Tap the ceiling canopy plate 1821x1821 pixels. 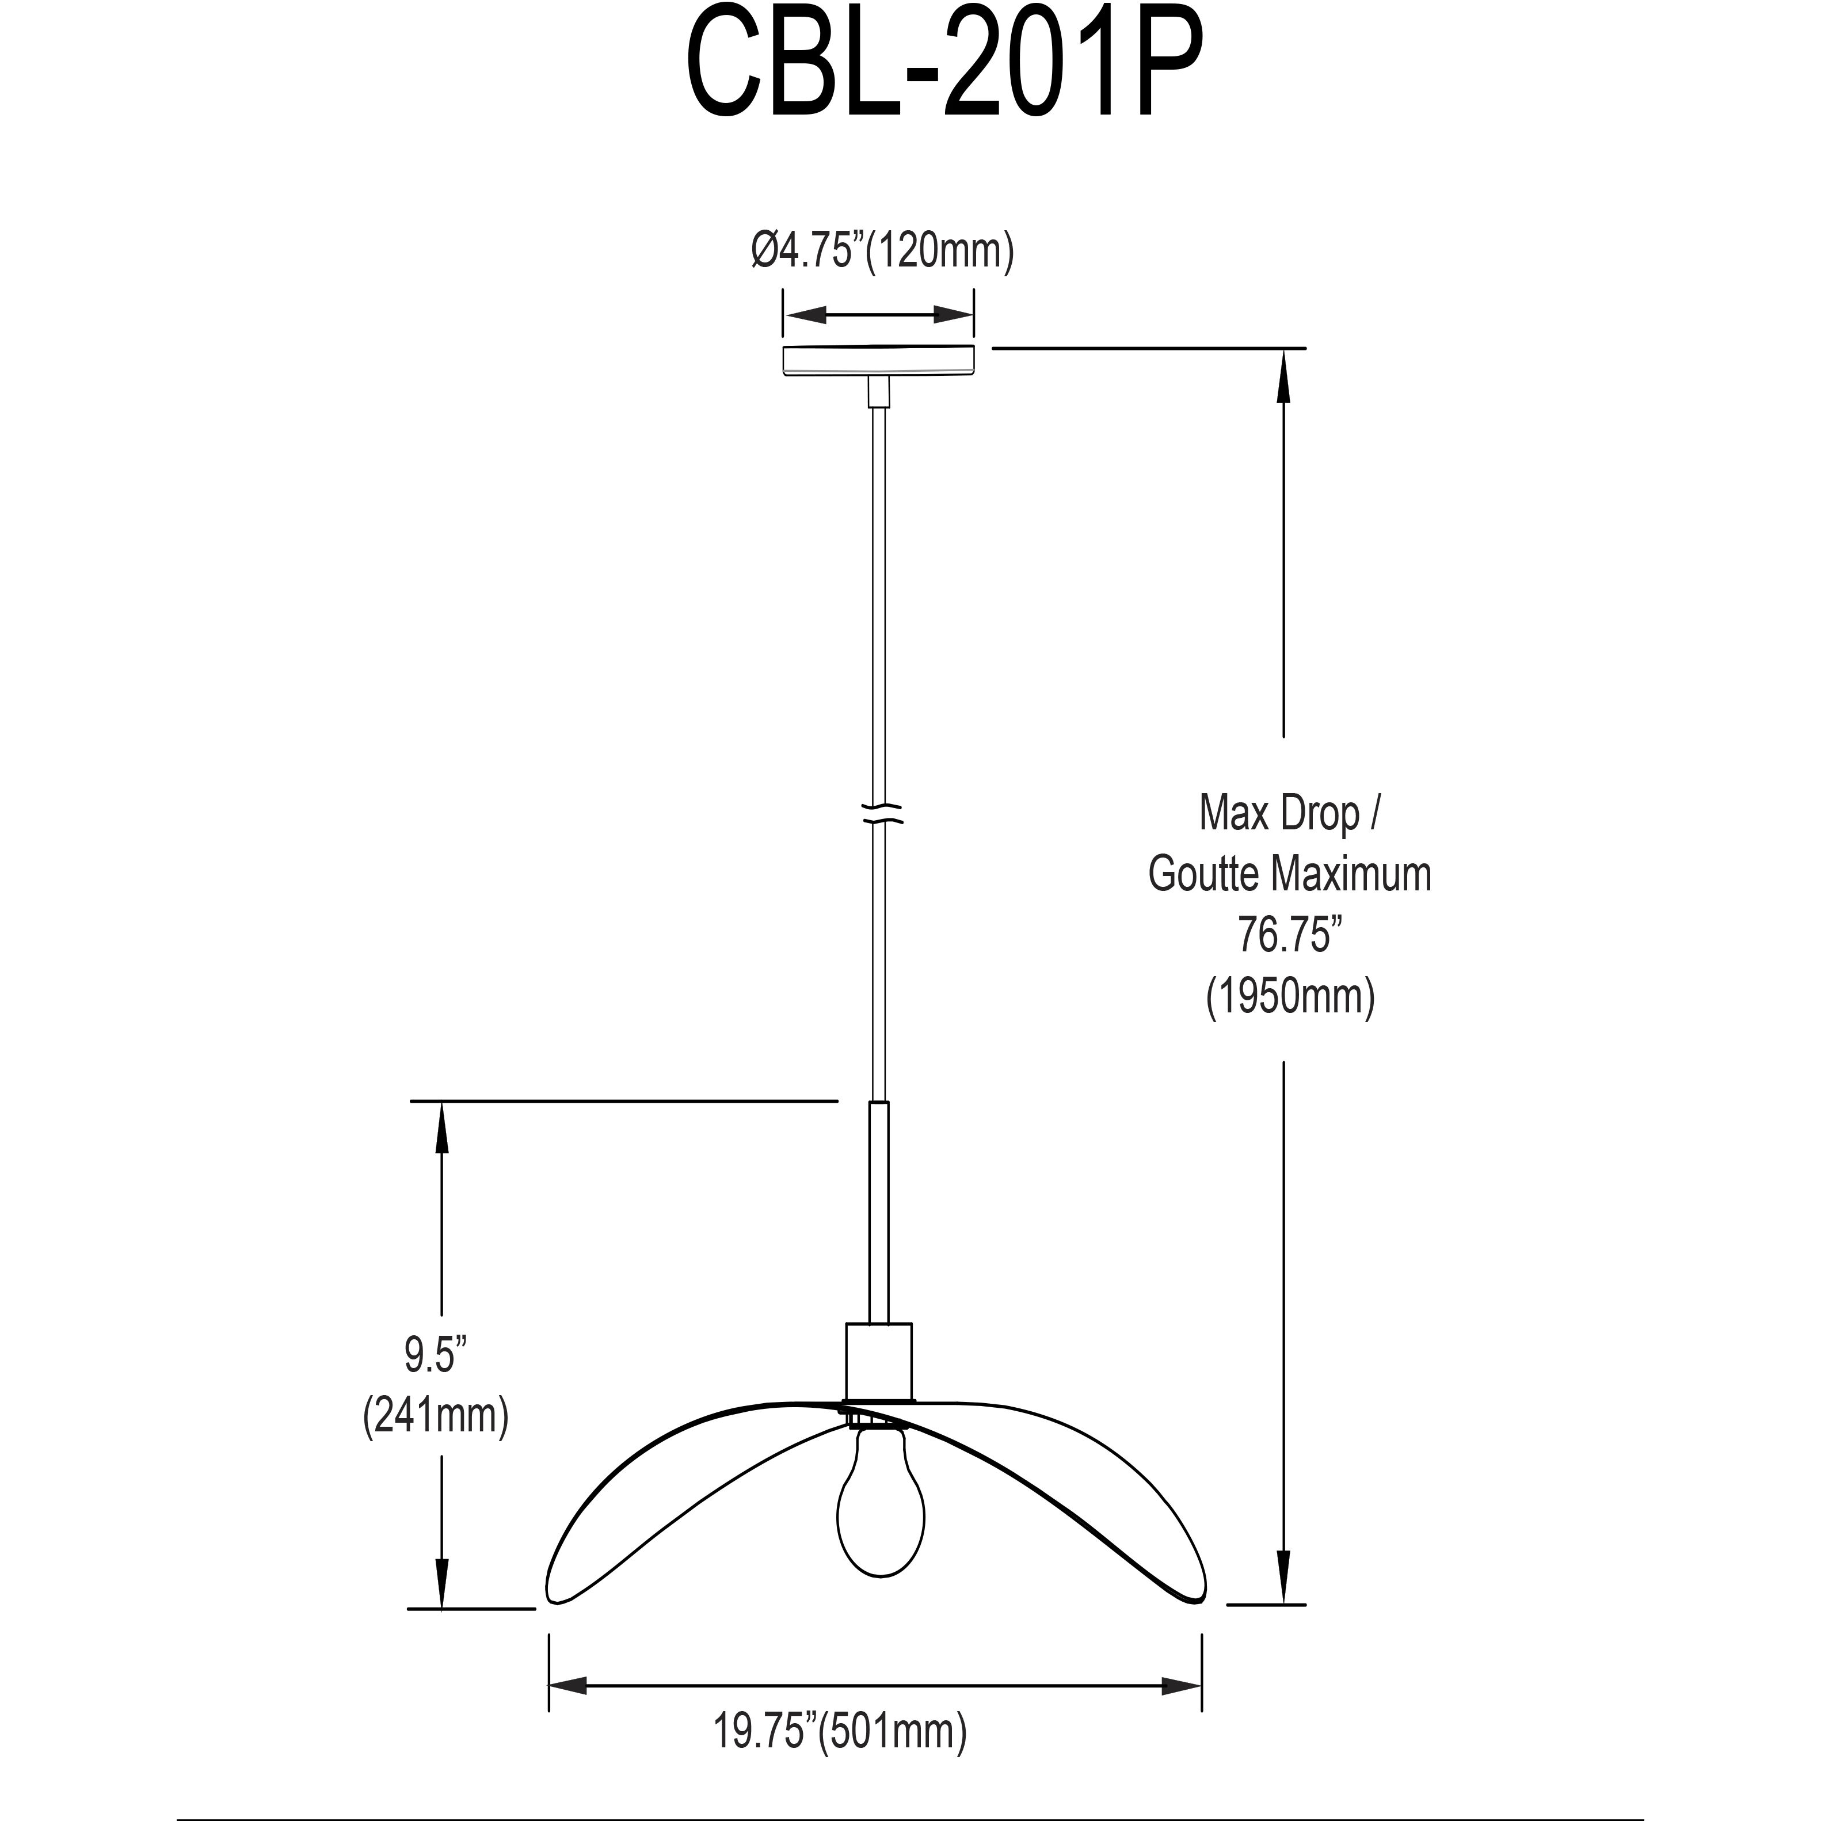(x=878, y=360)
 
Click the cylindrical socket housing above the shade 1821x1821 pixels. (x=878, y=1361)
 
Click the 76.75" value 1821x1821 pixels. (x=1289, y=935)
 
